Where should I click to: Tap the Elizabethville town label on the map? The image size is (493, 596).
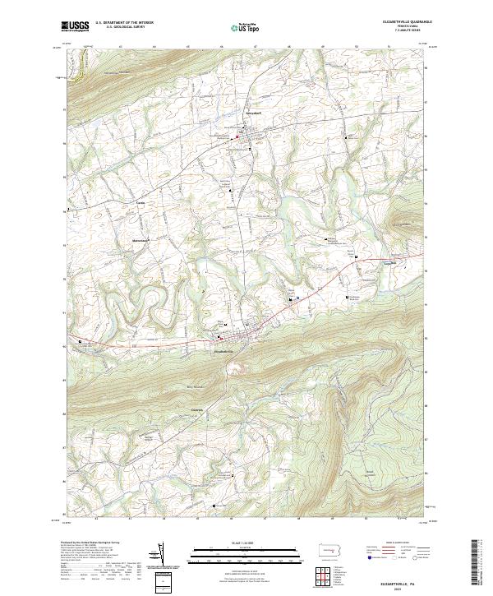coord(224,353)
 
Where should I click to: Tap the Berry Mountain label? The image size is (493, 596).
coord(195,387)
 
